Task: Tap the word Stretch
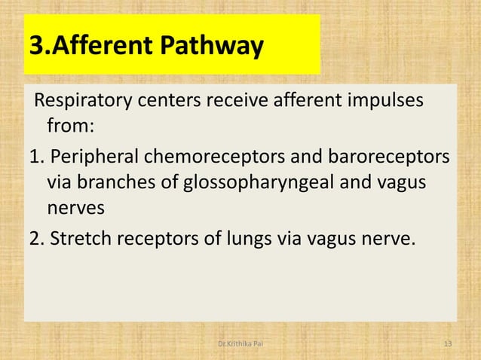click(x=79, y=239)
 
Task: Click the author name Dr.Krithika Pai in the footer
click(x=240, y=345)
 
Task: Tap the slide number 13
click(x=448, y=345)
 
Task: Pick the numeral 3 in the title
click(x=34, y=48)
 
